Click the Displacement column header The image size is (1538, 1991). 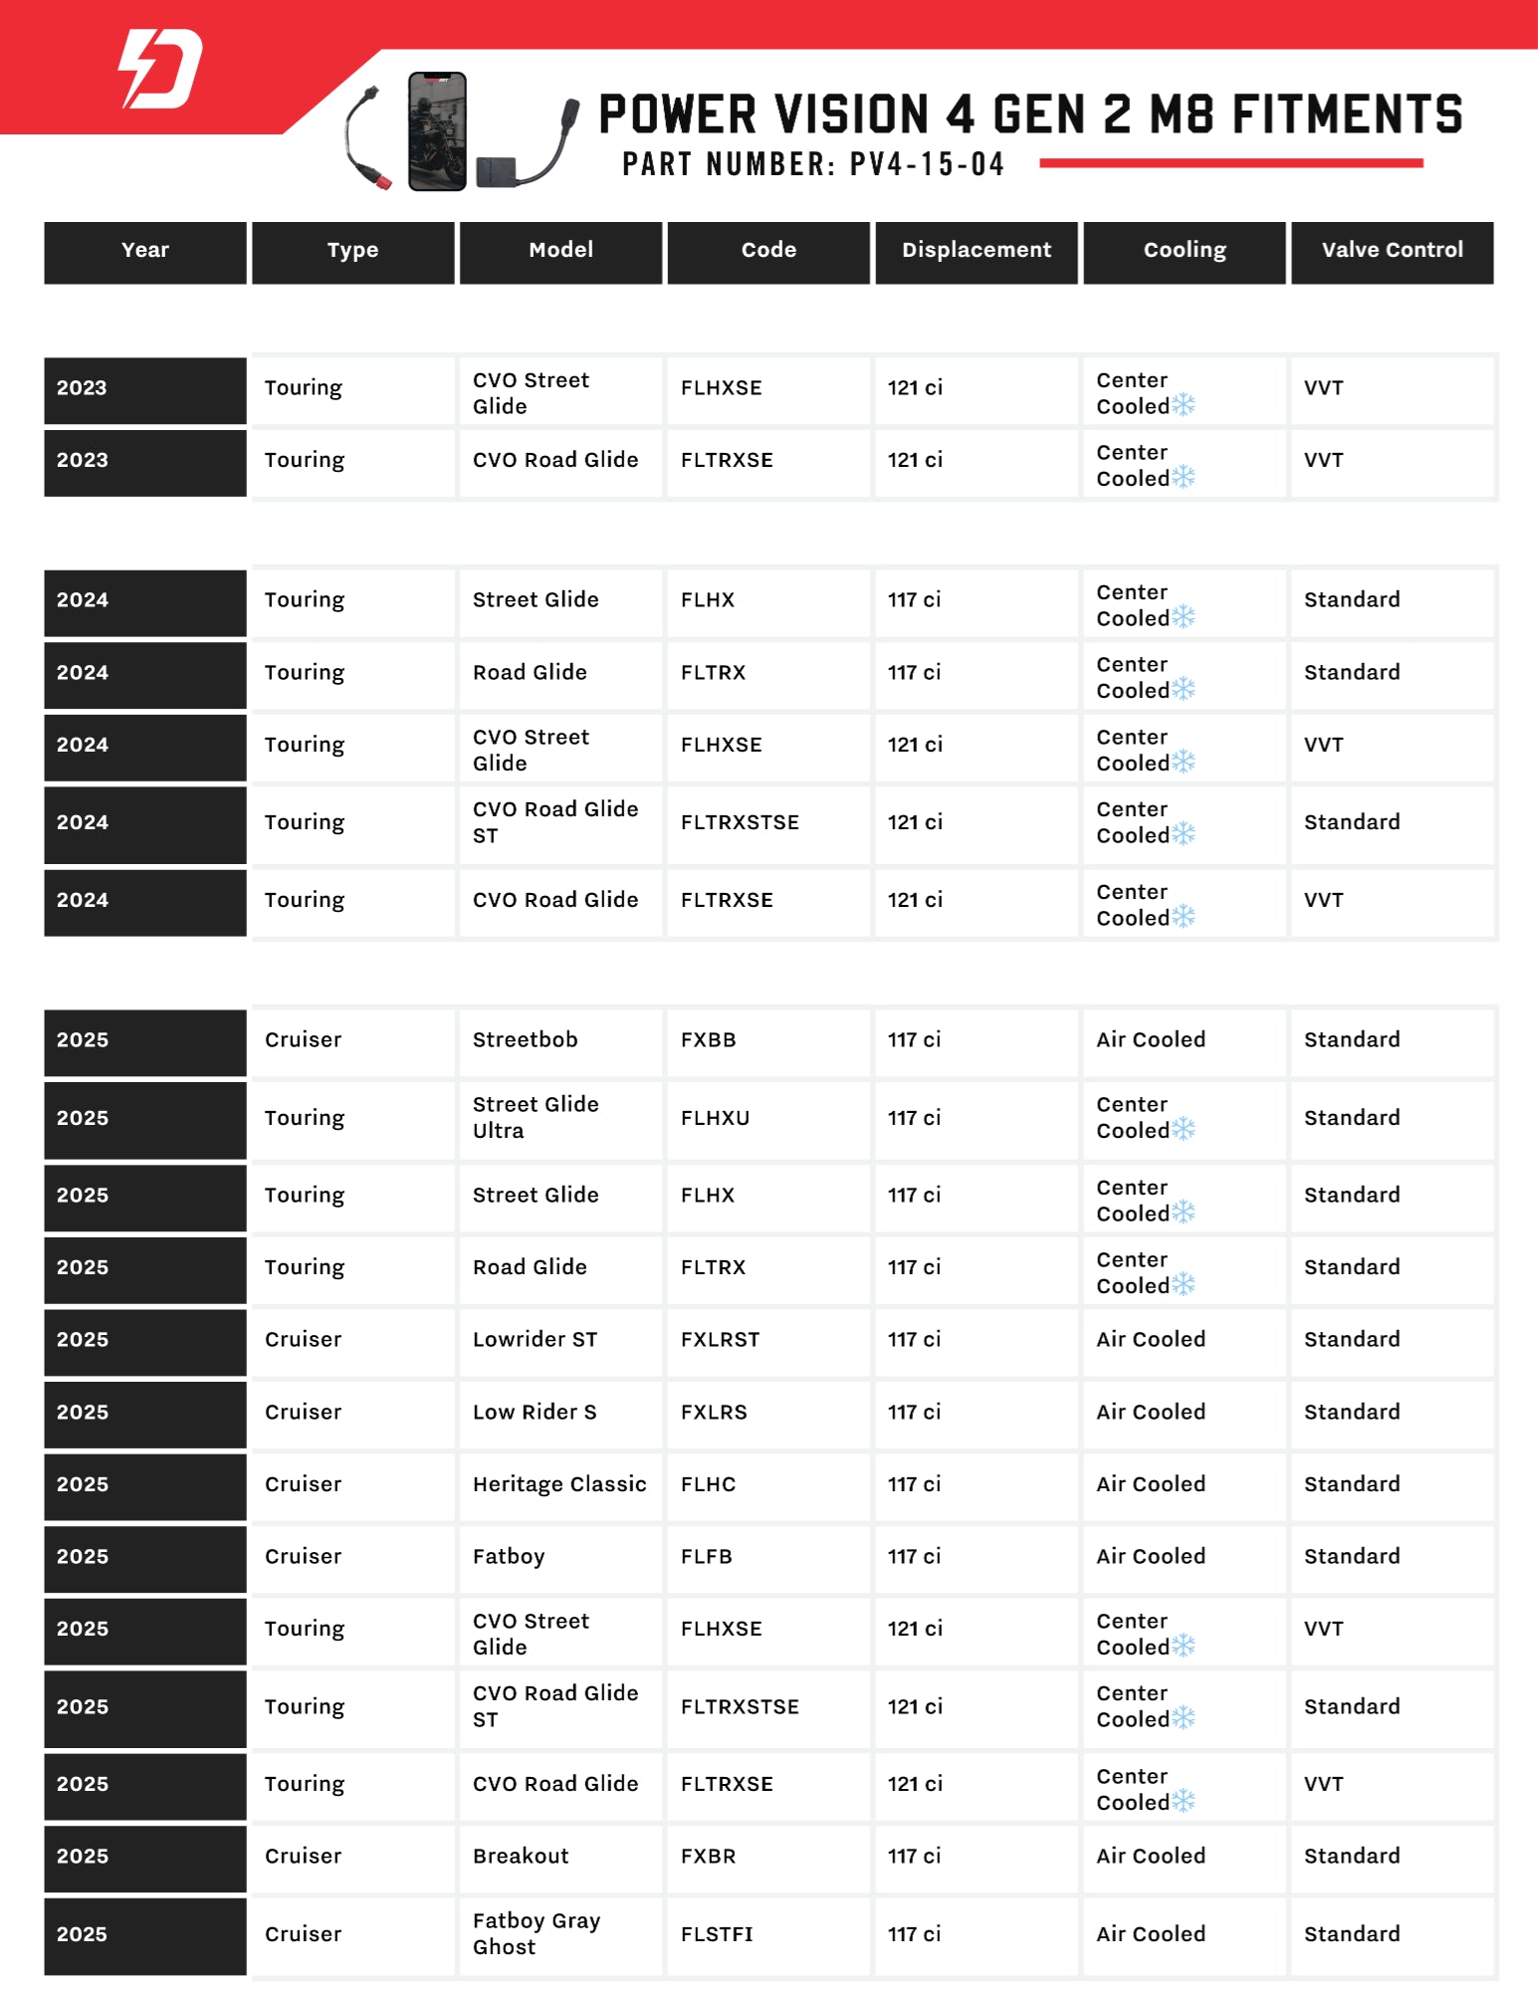point(976,251)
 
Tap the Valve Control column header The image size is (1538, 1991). point(1392,251)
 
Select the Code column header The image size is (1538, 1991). point(769,251)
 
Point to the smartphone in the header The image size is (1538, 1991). point(437,131)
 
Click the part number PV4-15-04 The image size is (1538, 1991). point(926,164)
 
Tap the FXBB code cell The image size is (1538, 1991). point(709,1040)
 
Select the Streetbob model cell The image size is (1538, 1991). point(525,1040)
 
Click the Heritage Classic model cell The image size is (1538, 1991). point(558,1484)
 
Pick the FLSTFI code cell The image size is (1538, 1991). point(717,1934)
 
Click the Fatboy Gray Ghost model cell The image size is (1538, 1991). point(536,1933)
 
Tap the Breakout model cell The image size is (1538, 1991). point(521,1857)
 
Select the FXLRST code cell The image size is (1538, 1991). point(720,1340)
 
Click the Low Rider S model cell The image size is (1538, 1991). point(535,1413)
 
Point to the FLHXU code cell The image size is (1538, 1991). point(715,1118)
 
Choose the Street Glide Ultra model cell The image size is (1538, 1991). point(536,1118)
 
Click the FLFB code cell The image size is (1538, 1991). point(706,1557)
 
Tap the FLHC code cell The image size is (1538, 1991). point(708,1484)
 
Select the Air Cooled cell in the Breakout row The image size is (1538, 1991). point(1151,1857)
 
